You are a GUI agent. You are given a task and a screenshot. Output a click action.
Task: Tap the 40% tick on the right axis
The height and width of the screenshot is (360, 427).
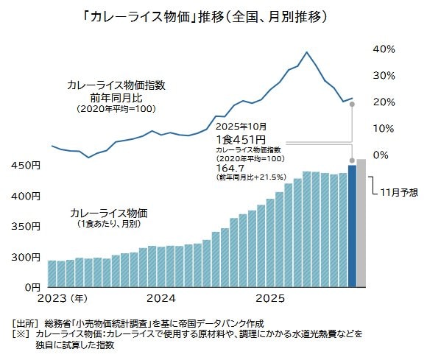385,49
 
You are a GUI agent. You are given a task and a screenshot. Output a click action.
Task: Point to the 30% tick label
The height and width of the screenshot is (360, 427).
385,75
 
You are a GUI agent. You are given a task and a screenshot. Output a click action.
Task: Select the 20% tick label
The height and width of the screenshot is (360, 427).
385,102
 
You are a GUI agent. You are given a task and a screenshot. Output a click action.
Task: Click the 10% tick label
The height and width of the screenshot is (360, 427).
385,128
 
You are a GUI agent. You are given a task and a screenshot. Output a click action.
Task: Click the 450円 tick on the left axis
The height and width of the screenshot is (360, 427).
25,166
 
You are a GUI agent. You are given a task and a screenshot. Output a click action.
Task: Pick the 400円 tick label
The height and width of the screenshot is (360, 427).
25,197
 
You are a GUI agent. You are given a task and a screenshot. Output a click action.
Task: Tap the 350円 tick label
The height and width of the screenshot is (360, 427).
25,227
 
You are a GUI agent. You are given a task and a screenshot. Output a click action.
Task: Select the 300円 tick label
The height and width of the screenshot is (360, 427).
25,257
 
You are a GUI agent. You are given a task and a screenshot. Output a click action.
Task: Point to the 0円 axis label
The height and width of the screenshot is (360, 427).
30,286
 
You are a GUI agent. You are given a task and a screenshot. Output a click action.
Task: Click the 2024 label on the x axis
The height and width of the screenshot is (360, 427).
160,299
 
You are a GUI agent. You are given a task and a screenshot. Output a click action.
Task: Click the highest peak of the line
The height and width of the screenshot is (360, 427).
307,52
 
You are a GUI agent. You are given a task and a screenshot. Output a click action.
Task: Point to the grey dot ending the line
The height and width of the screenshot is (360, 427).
352,105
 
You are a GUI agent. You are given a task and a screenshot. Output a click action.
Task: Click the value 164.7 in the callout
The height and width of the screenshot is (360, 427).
229,169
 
